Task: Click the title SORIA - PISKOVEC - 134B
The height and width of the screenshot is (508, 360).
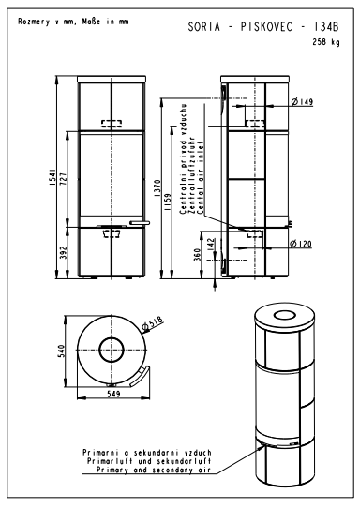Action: click(x=263, y=27)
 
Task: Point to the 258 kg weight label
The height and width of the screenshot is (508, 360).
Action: click(x=326, y=42)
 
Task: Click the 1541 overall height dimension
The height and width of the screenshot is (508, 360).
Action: click(x=52, y=177)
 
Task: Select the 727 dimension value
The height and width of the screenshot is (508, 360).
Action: click(x=64, y=179)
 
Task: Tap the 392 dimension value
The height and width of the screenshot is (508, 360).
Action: click(x=64, y=253)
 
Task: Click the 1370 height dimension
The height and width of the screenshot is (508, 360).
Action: click(x=157, y=188)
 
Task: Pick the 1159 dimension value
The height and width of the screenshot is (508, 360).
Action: click(x=168, y=202)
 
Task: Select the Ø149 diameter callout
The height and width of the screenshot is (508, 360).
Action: click(x=302, y=102)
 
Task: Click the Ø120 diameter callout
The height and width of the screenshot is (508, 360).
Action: click(x=301, y=244)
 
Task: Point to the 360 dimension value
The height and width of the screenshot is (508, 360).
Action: click(x=197, y=255)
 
